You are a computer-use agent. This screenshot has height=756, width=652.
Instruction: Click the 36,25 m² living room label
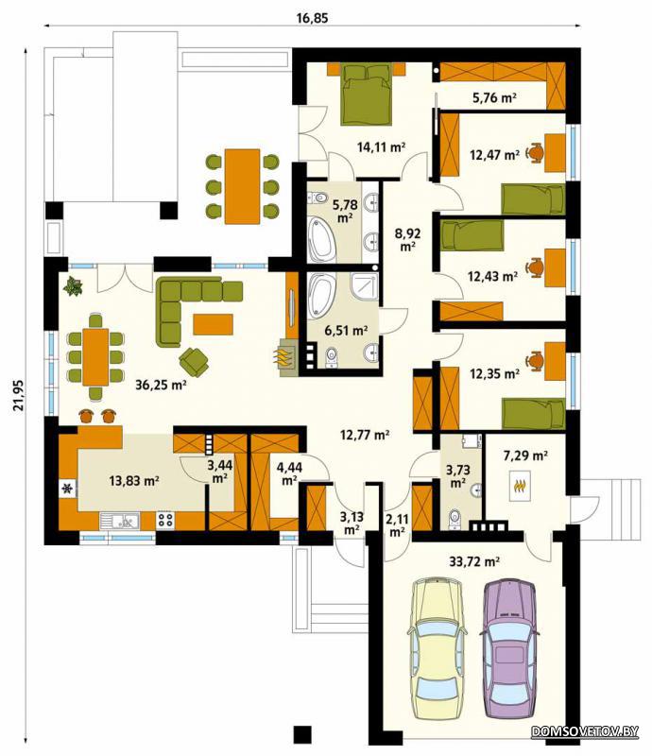[x=161, y=385]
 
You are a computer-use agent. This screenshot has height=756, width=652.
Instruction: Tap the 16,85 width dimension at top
[x=312, y=18]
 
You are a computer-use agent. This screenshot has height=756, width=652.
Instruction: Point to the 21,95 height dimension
[x=19, y=395]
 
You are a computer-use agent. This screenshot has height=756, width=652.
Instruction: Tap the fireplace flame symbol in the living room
[x=284, y=358]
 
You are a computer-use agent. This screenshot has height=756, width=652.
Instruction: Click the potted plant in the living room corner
[x=73, y=285]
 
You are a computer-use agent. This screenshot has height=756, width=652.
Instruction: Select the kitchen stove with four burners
[x=165, y=520]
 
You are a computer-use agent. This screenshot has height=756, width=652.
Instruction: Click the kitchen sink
[x=120, y=521]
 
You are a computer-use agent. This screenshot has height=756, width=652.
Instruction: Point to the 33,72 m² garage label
[x=474, y=561]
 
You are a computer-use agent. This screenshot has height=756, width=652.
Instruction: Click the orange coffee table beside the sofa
[x=213, y=324]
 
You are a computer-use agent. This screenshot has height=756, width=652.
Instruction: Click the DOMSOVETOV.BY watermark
[x=585, y=731]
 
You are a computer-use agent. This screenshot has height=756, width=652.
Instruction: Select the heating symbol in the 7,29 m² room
[x=520, y=486]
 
